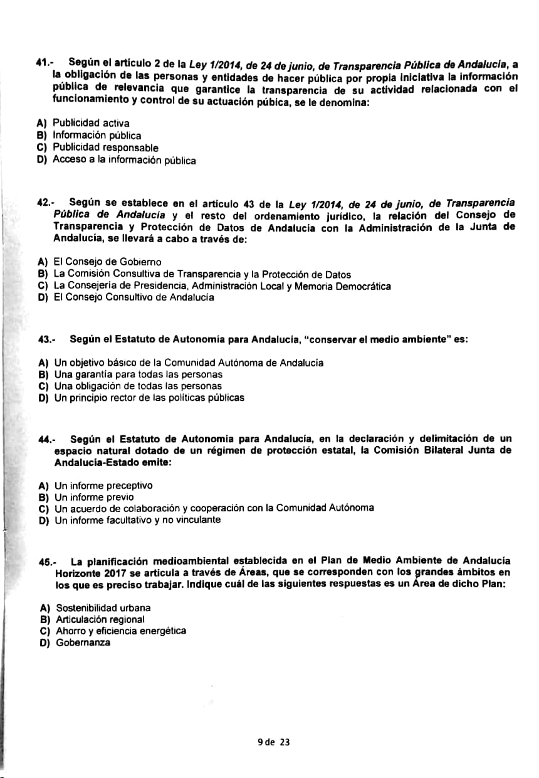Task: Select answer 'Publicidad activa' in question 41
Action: pos(90,123)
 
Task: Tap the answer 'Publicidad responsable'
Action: pos(105,148)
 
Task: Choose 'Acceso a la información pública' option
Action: pos(123,160)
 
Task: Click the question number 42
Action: pos(45,203)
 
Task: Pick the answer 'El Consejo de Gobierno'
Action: pos(107,262)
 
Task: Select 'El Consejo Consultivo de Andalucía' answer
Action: pos(133,297)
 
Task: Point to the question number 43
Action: pos(46,339)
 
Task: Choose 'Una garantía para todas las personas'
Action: pos(130,375)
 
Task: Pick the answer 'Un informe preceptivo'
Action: pos(103,486)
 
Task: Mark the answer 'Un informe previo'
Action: pos(94,497)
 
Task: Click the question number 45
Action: pos(48,562)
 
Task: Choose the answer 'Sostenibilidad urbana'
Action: pos(103,608)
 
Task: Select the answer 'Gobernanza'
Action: pos(83,643)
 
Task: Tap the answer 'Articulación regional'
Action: pos(100,620)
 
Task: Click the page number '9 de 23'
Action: pos(274,742)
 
